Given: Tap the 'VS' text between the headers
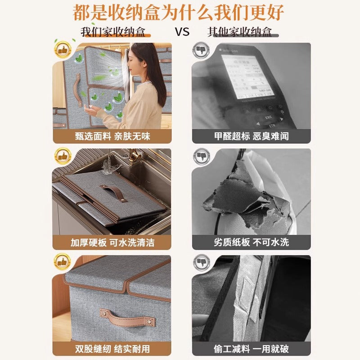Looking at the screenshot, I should [182, 32].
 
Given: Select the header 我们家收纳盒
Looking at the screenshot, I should [113, 32].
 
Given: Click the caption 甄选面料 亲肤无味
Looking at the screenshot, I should [112, 136].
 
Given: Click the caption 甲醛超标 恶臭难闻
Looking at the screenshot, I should [251, 136].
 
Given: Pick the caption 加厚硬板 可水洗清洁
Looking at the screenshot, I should [112, 243].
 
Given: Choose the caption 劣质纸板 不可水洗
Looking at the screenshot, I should [251, 243].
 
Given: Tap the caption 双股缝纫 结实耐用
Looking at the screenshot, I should [112, 349].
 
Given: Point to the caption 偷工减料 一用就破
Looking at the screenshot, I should [251, 349].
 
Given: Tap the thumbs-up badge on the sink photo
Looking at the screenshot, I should [63, 157].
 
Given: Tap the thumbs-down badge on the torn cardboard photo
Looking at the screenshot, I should [201, 157].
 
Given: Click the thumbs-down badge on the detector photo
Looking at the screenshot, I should [201, 49].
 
